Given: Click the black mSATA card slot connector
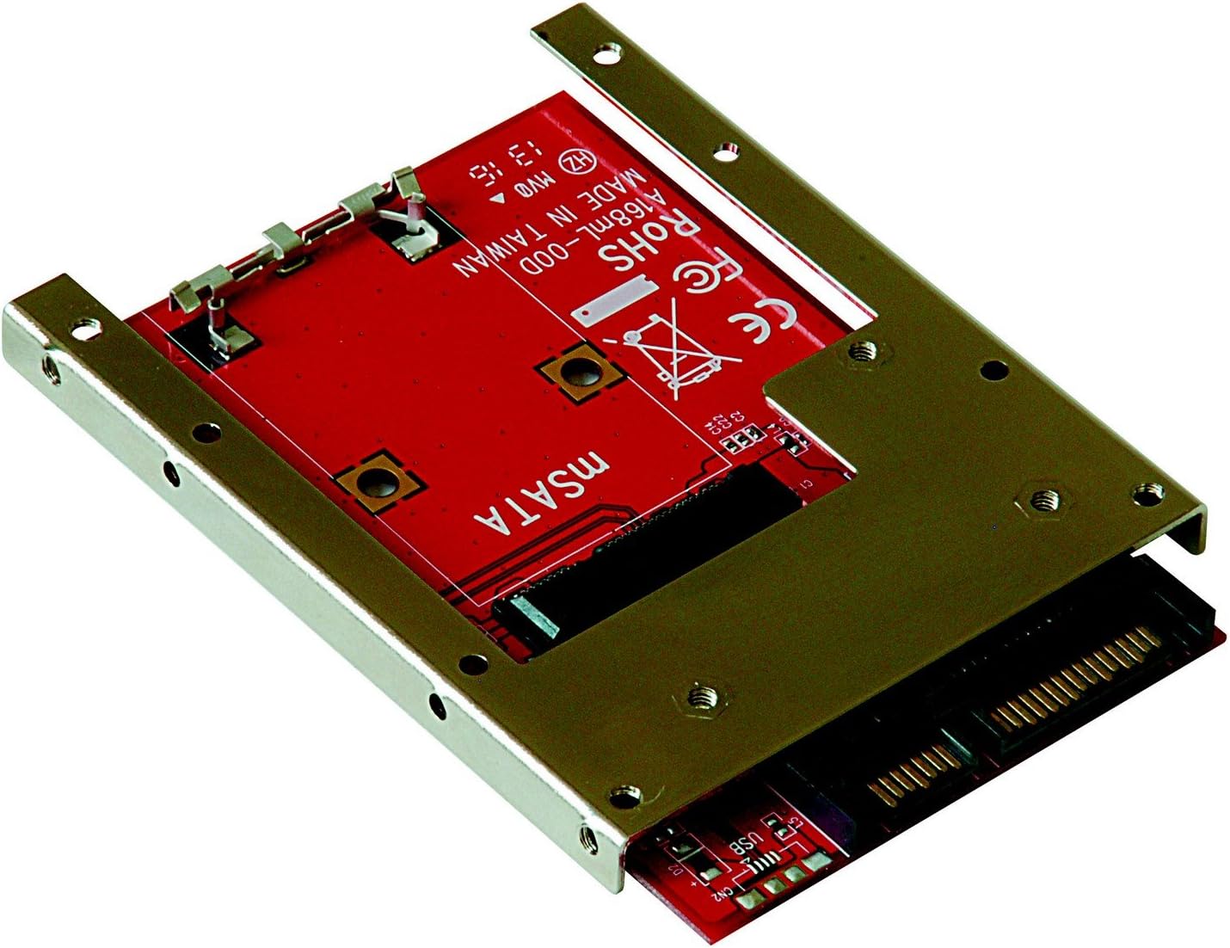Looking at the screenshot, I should (654, 551).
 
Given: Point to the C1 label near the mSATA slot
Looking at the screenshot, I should (804, 487).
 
